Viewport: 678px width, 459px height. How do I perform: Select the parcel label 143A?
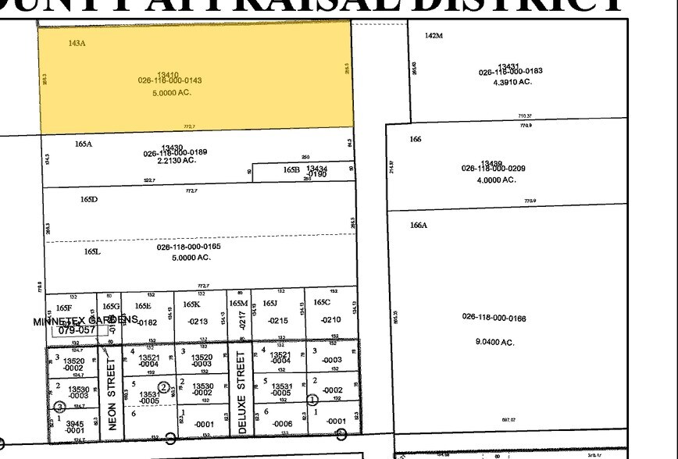[77, 42]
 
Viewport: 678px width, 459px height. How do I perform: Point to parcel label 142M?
[434, 36]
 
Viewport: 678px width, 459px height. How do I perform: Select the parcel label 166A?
[419, 226]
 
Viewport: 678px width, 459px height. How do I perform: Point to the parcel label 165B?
[291, 169]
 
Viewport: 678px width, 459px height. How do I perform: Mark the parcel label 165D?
[88, 199]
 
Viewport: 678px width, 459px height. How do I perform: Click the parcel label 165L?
[92, 251]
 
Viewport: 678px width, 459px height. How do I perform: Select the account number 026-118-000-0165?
[188, 247]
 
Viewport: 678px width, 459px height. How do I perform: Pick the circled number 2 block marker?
[163, 387]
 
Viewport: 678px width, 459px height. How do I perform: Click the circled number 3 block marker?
[58, 406]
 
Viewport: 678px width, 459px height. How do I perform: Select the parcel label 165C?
[322, 302]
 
